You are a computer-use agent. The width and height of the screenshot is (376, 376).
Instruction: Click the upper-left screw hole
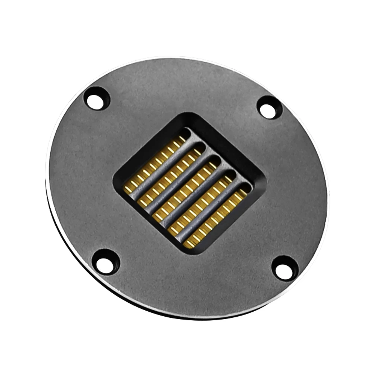point(97,99)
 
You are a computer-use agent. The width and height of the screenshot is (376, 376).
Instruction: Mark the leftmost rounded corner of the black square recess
point(115,182)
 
